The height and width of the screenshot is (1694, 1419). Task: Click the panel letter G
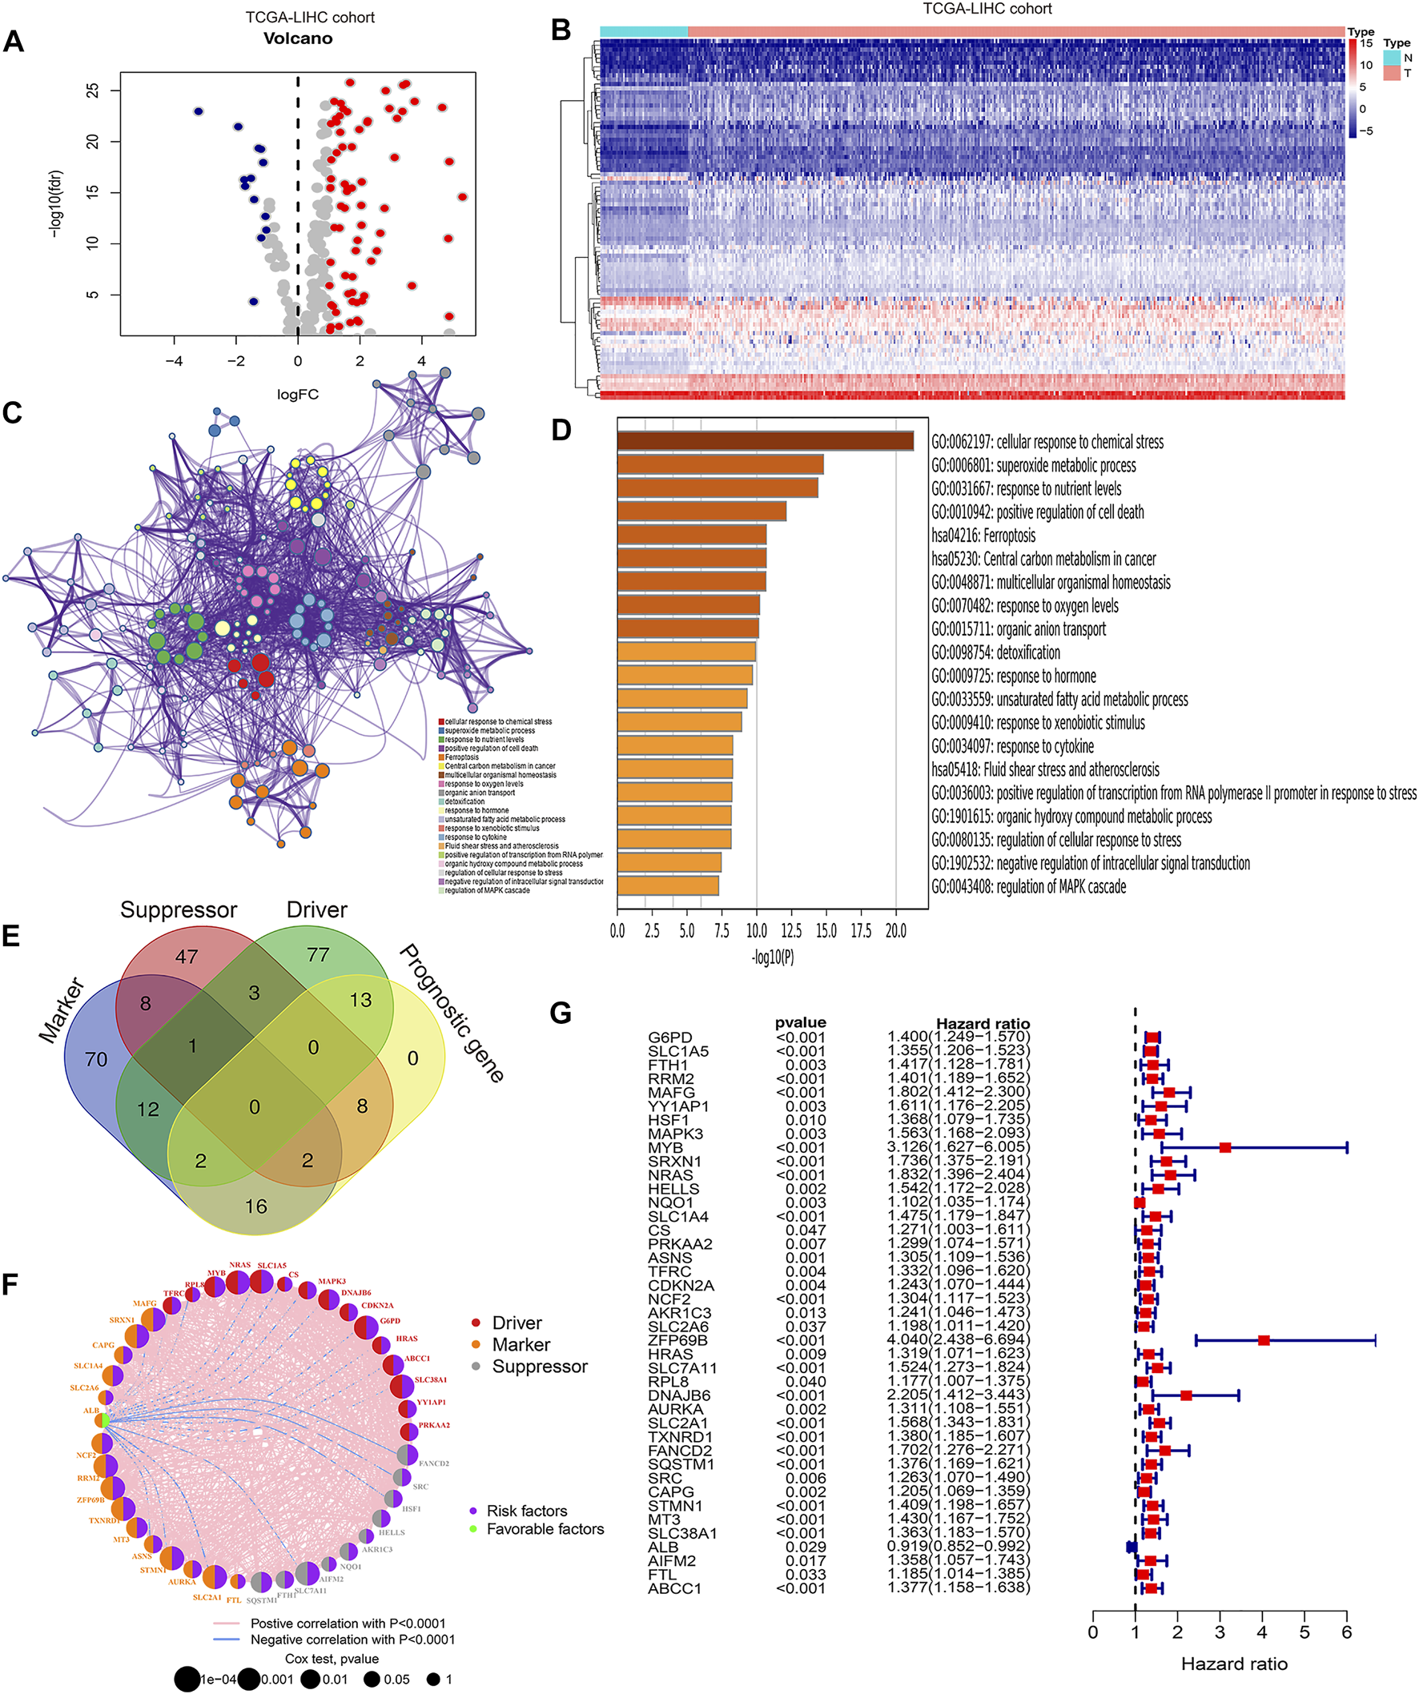click(x=560, y=1013)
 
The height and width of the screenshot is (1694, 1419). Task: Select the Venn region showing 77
click(x=318, y=955)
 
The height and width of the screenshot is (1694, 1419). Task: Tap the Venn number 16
click(x=255, y=1206)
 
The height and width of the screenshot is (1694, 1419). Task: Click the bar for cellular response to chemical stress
click(x=765, y=441)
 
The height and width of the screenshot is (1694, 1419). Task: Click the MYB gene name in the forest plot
click(x=665, y=1147)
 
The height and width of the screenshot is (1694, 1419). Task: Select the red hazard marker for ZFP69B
click(x=1264, y=1340)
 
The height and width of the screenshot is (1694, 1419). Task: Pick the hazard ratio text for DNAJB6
click(x=959, y=1395)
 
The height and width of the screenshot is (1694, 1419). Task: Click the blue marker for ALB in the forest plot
click(x=1132, y=1547)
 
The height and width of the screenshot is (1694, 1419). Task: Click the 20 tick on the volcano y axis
click(x=93, y=142)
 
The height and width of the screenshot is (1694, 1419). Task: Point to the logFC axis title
click(x=298, y=395)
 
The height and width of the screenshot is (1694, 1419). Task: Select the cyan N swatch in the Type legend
click(x=1393, y=58)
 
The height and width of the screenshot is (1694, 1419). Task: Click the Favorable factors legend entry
click(x=545, y=1528)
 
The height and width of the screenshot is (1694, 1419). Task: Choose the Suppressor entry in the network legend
click(x=540, y=1367)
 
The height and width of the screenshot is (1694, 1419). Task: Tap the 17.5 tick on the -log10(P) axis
click(x=861, y=931)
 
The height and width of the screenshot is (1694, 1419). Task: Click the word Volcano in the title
click(x=298, y=38)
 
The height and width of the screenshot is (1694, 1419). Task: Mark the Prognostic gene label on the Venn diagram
click(x=452, y=1013)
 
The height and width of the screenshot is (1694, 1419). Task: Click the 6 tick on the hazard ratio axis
click(x=1346, y=1632)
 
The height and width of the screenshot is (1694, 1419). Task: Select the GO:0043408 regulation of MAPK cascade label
click(x=1027, y=886)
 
